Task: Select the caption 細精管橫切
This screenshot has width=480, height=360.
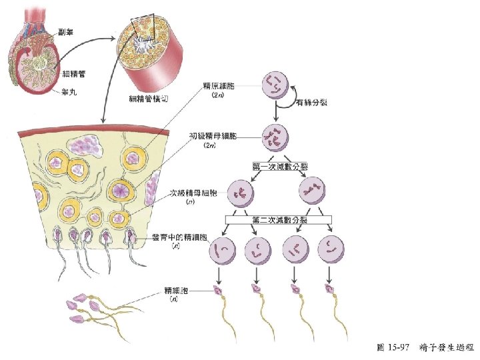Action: (x=151, y=98)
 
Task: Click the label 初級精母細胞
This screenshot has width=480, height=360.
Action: (x=212, y=136)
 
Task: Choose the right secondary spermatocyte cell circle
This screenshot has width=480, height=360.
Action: (x=313, y=191)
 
